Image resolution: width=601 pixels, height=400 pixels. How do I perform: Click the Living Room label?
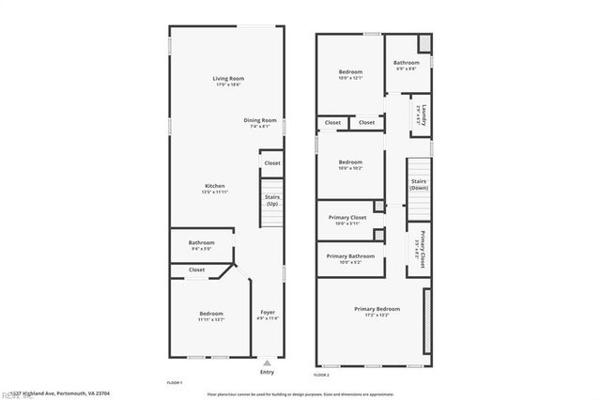tap(227, 78)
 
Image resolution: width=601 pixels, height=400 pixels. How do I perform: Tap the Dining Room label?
tap(260, 120)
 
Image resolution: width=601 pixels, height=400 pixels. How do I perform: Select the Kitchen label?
tap(215, 186)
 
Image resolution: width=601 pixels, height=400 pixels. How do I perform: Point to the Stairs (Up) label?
tap(272, 200)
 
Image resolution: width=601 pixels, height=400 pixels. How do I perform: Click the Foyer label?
tap(267, 312)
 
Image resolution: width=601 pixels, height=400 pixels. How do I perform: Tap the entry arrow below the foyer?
tap(268, 361)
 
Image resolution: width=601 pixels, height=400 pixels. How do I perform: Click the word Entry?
tap(268, 372)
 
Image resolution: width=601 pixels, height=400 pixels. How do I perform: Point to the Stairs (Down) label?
tap(418, 184)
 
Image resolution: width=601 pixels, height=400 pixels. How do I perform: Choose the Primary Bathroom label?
tap(349, 256)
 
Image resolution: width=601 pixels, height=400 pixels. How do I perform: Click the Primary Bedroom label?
tap(377, 309)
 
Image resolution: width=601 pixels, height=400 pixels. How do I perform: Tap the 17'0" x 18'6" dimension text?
tap(228, 85)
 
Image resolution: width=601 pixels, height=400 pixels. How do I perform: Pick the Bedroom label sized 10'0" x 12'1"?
tap(350, 71)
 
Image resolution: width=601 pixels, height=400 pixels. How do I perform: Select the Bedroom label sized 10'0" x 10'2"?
tap(350, 162)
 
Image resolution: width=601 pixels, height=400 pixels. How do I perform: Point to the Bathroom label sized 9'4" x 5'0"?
tap(201, 242)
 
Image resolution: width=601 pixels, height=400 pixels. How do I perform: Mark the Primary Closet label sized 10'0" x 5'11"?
tap(347, 218)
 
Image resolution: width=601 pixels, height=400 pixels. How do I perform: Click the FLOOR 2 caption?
tap(320, 375)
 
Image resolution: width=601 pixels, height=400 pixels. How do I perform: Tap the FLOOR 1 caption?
tap(175, 383)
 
